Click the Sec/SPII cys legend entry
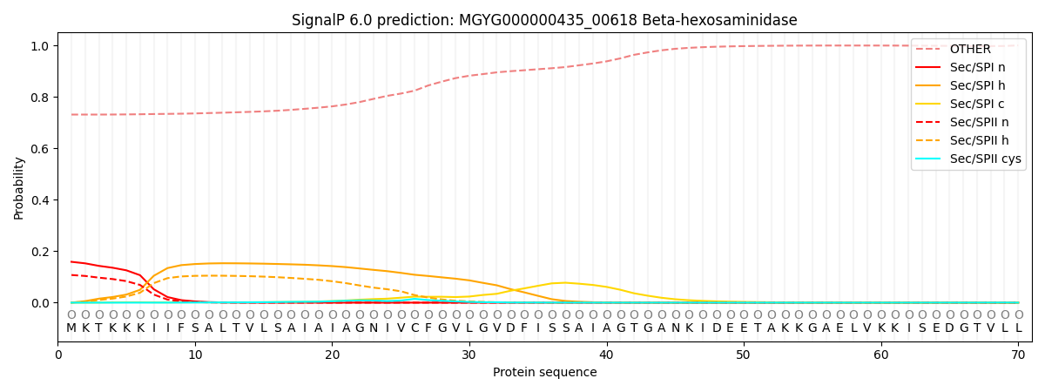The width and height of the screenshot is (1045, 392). (968, 159)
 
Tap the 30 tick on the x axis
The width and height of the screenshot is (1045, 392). (469, 355)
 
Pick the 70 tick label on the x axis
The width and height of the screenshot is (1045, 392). (1018, 355)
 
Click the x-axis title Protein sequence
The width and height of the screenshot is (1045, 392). (545, 372)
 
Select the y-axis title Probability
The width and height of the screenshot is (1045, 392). (18, 188)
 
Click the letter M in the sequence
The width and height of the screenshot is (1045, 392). (71, 328)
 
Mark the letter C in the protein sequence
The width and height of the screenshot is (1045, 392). (415, 328)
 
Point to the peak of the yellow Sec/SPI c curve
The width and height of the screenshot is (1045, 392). (565, 283)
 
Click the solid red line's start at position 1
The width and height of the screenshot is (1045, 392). (71, 261)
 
